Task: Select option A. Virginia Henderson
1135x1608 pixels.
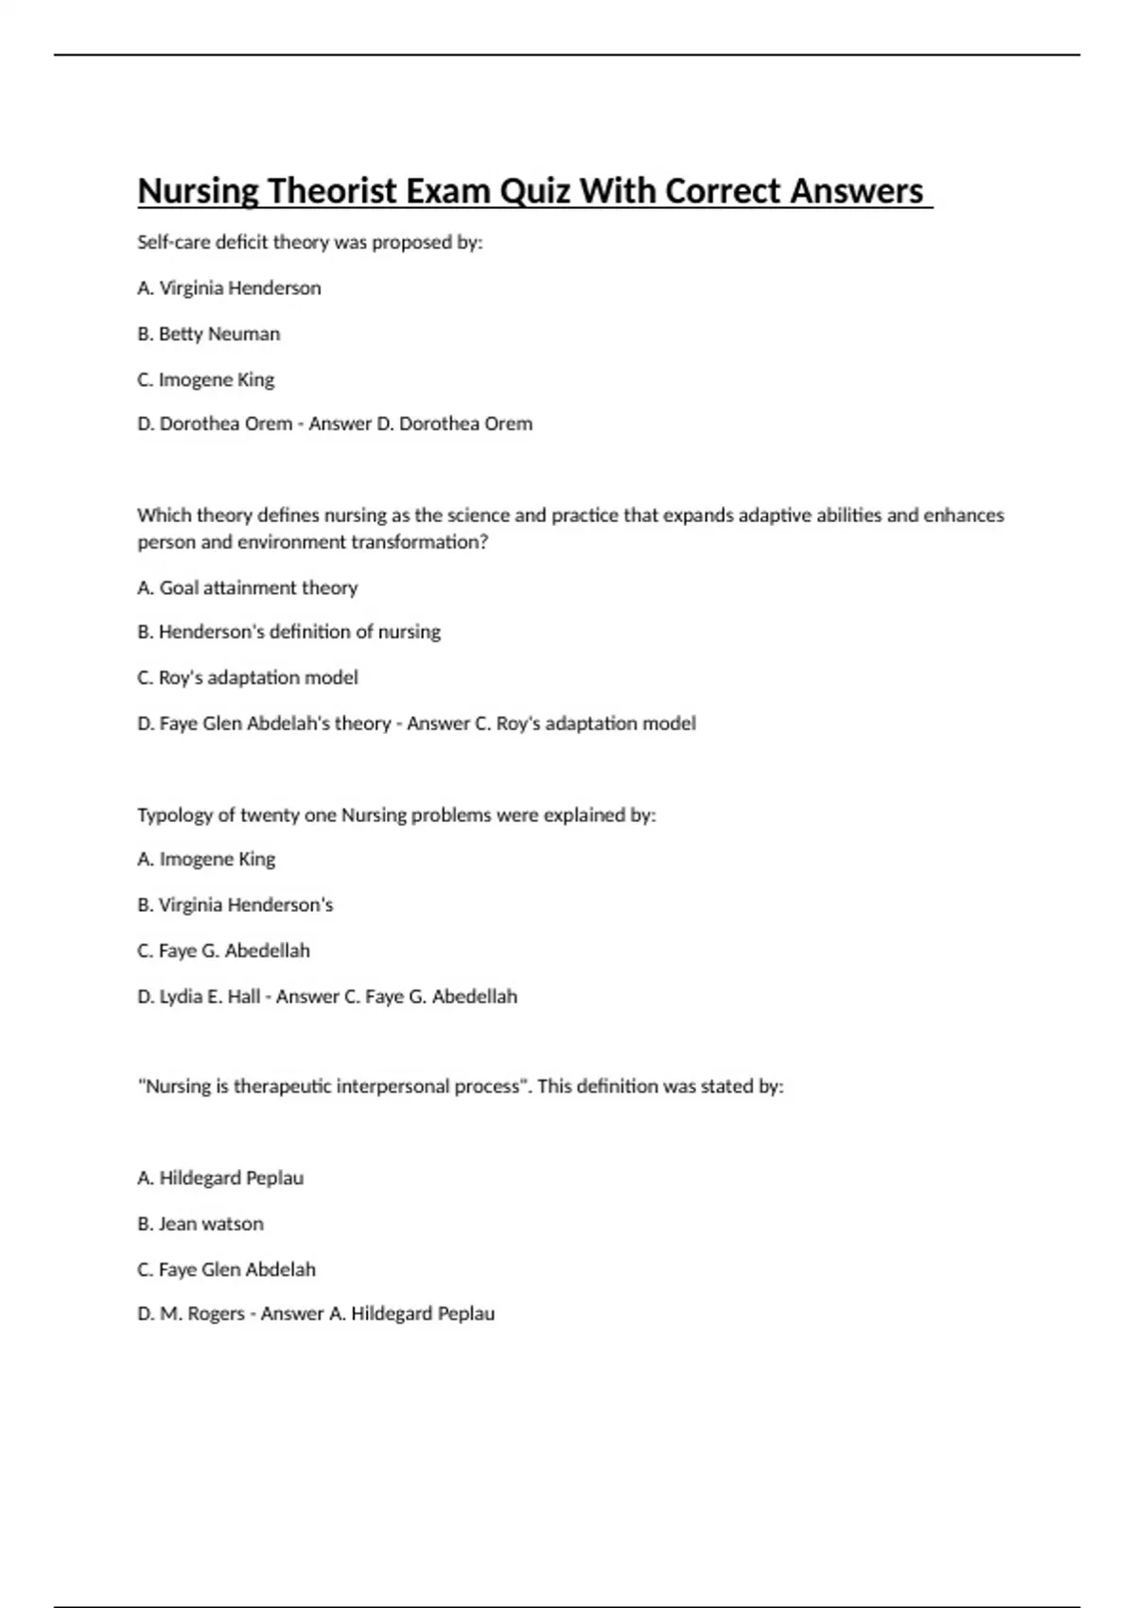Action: click(229, 288)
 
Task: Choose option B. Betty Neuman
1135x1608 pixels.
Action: click(208, 334)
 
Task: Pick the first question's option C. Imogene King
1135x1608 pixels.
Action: click(205, 379)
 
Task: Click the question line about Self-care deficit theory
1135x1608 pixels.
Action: click(309, 242)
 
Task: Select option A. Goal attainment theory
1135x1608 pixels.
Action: click(247, 587)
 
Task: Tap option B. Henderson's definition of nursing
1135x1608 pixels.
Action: click(288, 631)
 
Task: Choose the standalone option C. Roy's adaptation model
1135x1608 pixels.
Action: click(247, 677)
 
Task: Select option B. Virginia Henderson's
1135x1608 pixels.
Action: click(235, 904)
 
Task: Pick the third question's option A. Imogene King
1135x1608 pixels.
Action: click(206, 859)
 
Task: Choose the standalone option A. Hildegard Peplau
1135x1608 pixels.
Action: click(220, 1178)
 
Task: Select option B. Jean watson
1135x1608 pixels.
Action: click(200, 1223)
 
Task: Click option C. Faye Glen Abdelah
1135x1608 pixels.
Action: click(226, 1269)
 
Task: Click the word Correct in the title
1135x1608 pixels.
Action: click(724, 191)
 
